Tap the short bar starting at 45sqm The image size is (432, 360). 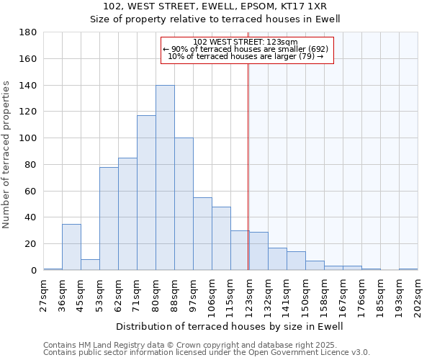pyautogui.click(x=90, y=265)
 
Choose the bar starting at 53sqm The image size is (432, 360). pyautogui.click(x=109, y=219)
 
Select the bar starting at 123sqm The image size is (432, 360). pyautogui.click(x=258, y=251)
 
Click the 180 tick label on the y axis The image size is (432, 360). pyautogui.click(x=27, y=32)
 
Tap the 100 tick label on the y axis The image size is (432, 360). pyautogui.click(x=27, y=138)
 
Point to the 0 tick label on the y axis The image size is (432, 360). pyautogui.click(x=33, y=271)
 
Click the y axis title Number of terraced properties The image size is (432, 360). pyautogui.click(x=6, y=155)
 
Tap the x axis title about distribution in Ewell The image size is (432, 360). pyautogui.click(x=230, y=326)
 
